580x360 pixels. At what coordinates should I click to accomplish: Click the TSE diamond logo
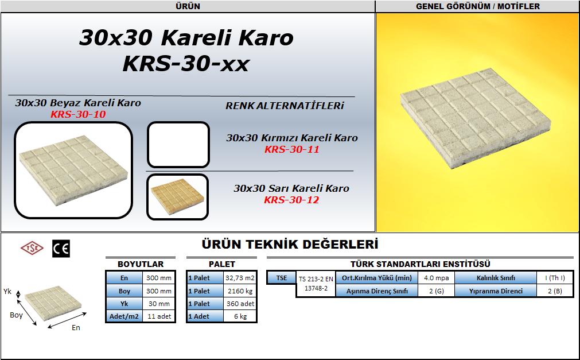coord(32,248)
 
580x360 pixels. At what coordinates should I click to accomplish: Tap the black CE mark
coord(61,249)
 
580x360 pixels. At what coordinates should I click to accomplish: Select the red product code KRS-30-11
coord(291,149)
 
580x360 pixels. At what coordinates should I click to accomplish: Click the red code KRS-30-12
coord(291,200)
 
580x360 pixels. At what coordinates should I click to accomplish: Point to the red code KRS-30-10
coord(78,114)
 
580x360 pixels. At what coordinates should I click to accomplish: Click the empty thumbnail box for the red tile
coord(178,145)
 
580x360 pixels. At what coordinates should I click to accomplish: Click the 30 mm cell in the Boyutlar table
coord(159,304)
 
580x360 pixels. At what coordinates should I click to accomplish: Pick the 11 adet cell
coord(159,316)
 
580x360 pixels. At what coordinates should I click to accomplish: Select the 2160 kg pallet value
coord(240,291)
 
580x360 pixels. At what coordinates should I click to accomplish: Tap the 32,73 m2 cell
coord(240,278)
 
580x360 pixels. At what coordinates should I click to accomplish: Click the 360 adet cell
coord(240,304)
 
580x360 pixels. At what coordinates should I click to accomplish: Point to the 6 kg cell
coord(240,316)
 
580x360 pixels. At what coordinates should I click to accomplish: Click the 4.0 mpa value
coord(437,278)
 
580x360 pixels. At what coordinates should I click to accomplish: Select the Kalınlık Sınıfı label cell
coord(496,278)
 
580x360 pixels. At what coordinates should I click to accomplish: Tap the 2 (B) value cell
coord(555,291)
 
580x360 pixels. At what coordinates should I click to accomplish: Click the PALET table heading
coord(221,264)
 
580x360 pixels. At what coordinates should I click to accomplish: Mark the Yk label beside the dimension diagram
coord(7,292)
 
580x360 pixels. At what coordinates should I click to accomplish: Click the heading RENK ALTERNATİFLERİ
coord(285,106)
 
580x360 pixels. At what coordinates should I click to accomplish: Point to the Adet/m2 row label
coord(124,316)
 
